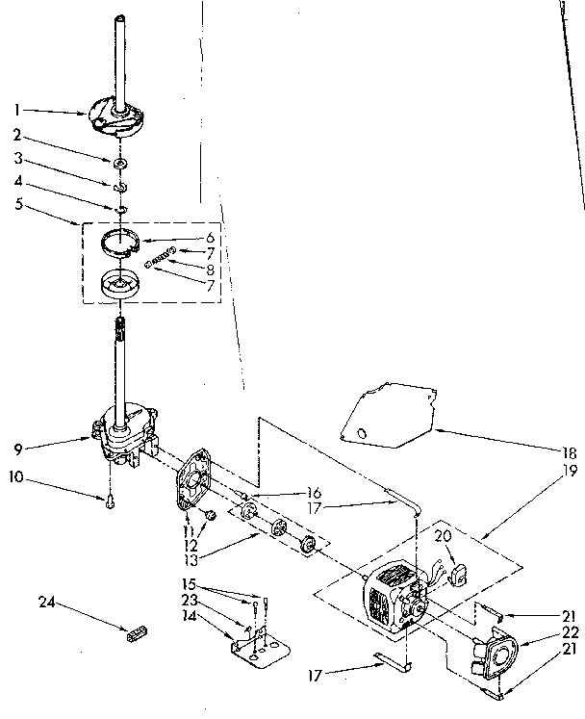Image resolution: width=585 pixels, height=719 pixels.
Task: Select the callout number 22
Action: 570,631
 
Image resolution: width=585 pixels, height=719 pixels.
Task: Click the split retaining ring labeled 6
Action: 127,244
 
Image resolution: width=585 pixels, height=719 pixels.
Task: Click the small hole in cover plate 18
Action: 362,434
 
